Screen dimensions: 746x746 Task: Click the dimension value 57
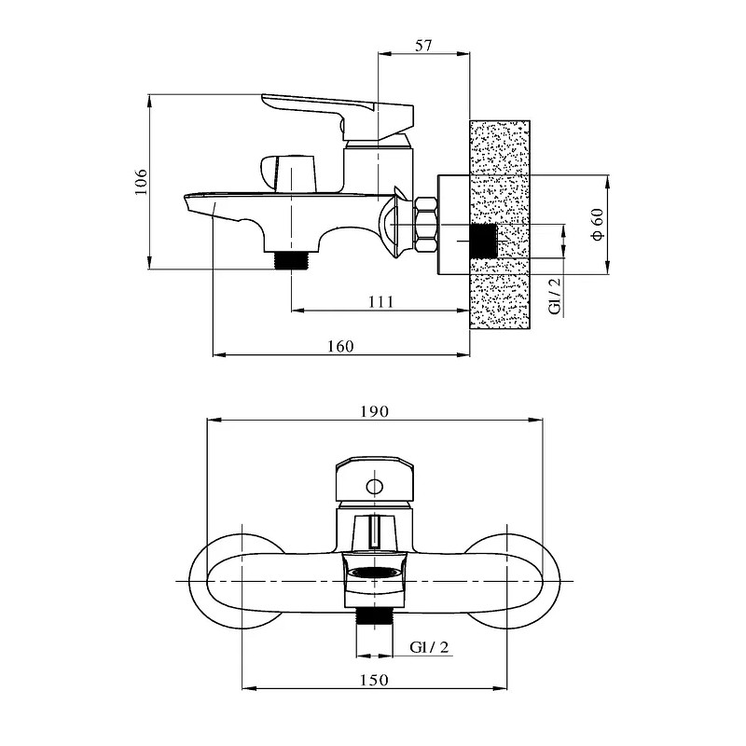point(423,46)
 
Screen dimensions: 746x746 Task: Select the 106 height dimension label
point(142,182)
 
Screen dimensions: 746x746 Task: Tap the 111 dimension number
point(381,301)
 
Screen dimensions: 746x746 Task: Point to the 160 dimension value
point(340,346)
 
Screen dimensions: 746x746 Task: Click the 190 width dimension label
point(375,411)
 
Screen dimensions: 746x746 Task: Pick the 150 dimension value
point(374,680)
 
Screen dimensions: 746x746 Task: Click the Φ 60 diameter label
point(598,224)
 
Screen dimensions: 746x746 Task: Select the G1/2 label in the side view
point(555,296)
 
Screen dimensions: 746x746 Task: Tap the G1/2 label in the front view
point(429,647)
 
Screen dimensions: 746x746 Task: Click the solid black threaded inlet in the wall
point(483,242)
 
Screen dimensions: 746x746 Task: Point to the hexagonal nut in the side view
point(426,225)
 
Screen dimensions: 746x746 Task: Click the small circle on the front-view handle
point(375,487)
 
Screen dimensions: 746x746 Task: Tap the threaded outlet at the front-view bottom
point(375,618)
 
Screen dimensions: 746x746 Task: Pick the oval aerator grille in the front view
point(374,573)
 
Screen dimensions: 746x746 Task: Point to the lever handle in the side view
point(338,113)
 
